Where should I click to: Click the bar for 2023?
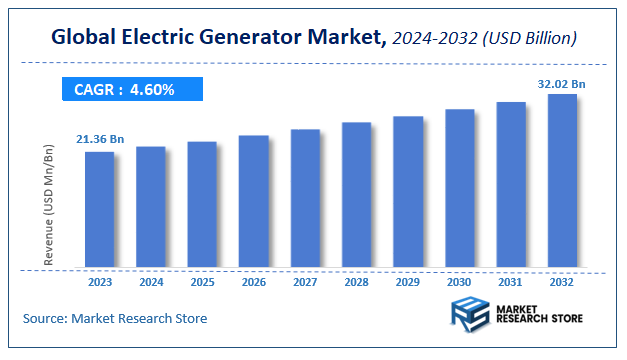pos(99,210)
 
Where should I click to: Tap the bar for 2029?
pos(408,193)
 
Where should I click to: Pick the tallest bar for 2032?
pos(562,181)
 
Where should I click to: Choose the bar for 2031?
pos(511,185)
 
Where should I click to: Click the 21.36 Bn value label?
pos(100,138)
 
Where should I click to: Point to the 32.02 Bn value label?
pos(562,84)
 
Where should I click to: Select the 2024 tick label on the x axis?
pos(150,282)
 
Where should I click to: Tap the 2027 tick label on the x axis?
pos(305,282)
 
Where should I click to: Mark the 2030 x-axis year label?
pos(459,282)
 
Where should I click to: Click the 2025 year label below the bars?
pos(201,282)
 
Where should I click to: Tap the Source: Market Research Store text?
pos(115,319)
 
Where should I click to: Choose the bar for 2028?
pos(356,196)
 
